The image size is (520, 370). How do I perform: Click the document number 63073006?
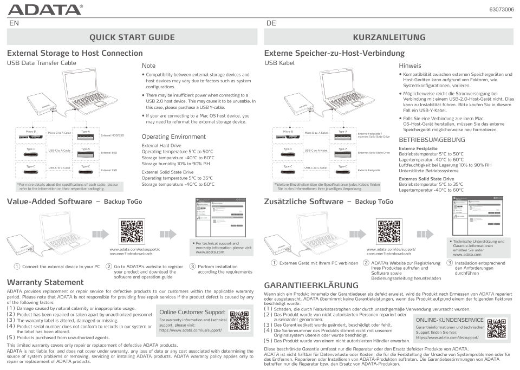[x=502, y=10]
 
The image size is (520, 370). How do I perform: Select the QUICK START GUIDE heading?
[x=132, y=37]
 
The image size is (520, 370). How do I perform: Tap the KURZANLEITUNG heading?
[x=389, y=37]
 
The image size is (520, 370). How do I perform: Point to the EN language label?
[x=14, y=23]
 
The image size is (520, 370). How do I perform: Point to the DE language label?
[x=271, y=23]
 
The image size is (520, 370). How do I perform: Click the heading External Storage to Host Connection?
[x=75, y=53]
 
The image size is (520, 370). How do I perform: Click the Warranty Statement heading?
[x=45, y=282]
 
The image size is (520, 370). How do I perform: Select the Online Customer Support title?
[x=192, y=312]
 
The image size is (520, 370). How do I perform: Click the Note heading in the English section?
[x=148, y=66]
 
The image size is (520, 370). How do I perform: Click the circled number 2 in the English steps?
[x=109, y=267]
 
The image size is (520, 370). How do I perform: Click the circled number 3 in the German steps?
[x=449, y=263]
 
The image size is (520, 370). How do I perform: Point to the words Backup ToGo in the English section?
[x=122, y=202]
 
